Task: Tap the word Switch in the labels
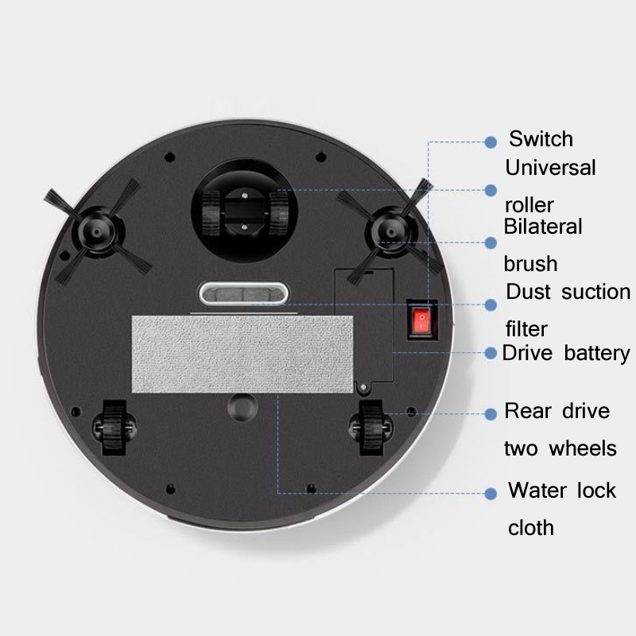(x=541, y=138)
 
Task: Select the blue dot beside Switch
(x=491, y=142)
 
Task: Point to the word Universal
(x=550, y=168)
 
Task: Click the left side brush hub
(x=97, y=231)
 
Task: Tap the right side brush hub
(x=390, y=231)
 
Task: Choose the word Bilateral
(x=543, y=227)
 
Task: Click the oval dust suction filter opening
(x=243, y=293)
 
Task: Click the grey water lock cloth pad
(x=242, y=355)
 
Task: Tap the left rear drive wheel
(x=114, y=428)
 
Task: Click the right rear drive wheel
(x=370, y=428)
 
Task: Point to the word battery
(x=597, y=353)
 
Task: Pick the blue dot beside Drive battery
(x=491, y=353)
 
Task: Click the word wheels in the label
(x=583, y=448)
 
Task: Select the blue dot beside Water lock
(x=491, y=494)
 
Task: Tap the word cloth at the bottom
(x=531, y=528)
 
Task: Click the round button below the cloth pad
(x=242, y=407)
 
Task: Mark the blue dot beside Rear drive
(x=491, y=413)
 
